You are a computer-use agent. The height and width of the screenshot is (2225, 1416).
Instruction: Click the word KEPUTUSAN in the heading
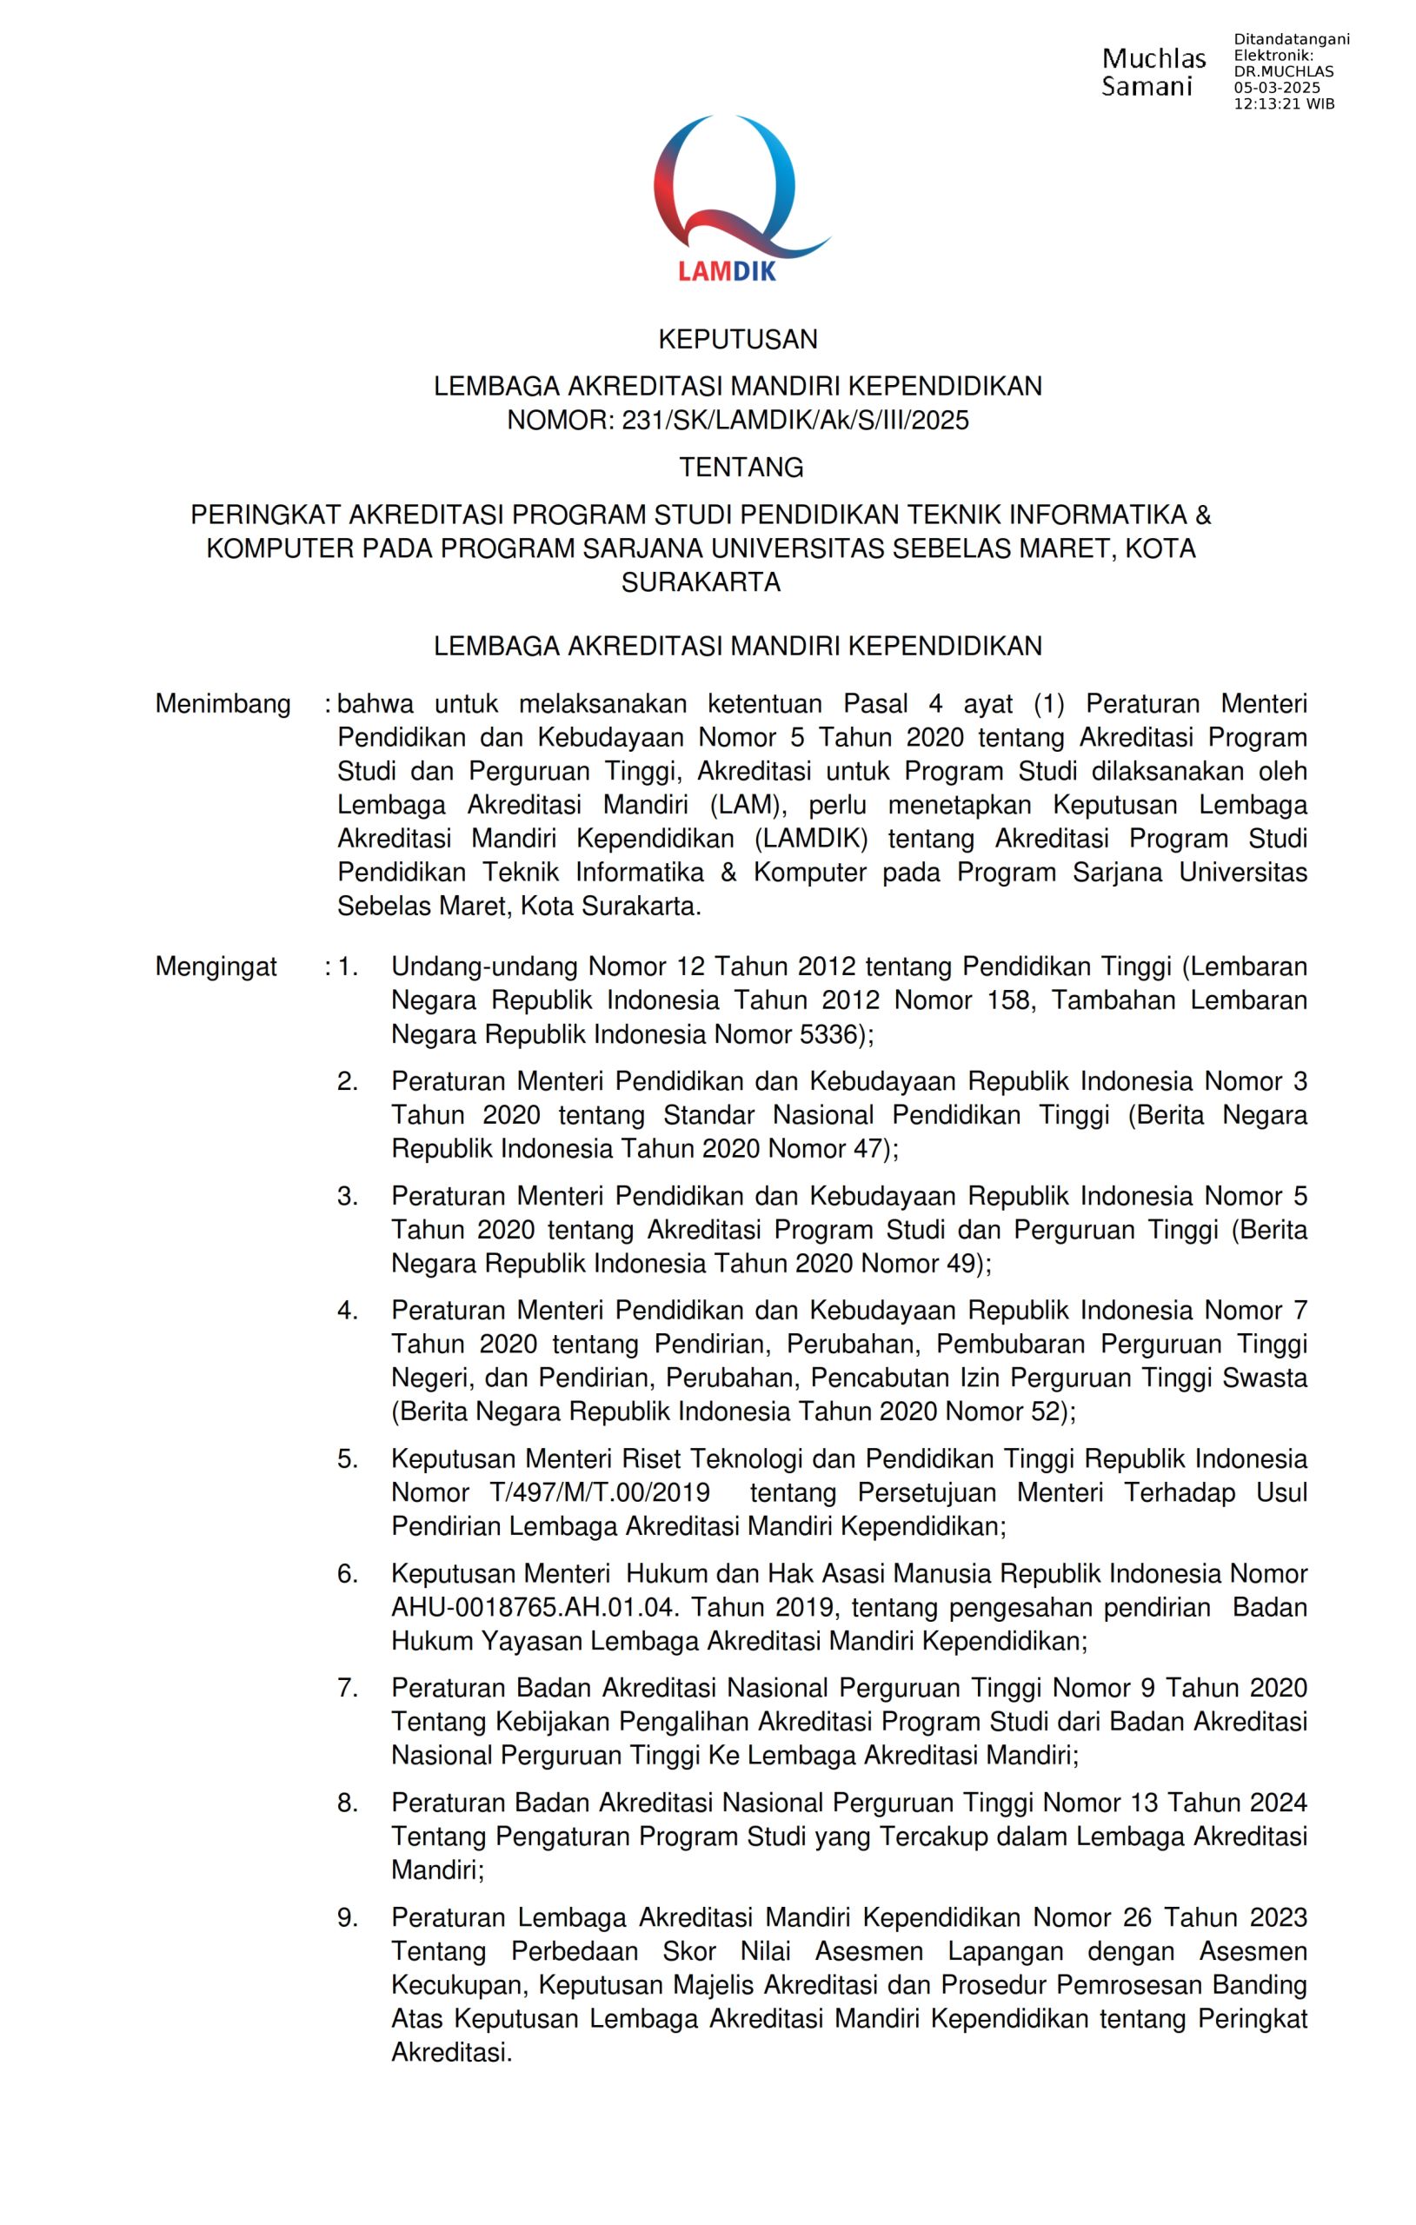point(738,340)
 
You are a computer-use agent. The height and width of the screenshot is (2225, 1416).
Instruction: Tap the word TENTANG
point(741,468)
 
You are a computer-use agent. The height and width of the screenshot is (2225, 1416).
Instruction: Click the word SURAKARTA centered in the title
point(701,583)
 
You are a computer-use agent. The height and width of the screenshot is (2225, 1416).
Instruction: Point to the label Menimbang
point(223,704)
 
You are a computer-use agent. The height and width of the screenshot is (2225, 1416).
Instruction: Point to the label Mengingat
point(216,966)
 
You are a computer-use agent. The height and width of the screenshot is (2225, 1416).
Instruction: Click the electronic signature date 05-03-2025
point(1276,89)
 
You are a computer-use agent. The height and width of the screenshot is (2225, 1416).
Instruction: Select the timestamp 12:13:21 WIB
point(1283,103)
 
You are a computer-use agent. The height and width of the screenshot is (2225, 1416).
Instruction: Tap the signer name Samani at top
point(1147,88)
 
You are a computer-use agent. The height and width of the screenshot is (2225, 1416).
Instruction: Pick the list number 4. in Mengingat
point(347,1311)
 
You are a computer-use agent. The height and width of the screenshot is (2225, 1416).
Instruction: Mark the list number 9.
point(347,1918)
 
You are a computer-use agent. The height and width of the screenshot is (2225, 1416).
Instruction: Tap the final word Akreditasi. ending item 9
point(451,2053)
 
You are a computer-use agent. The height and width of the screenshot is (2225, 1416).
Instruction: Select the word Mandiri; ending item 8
point(437,1870)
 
